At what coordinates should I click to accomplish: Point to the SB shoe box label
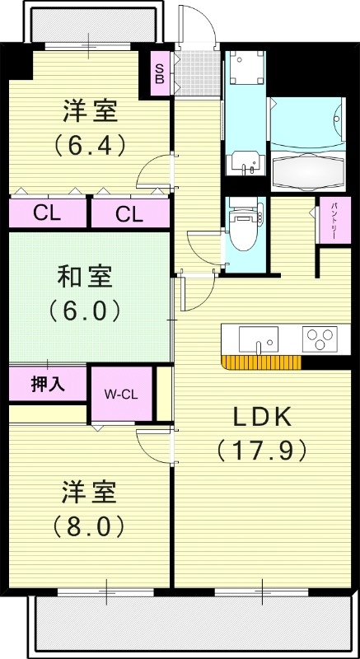click(x=160, y=74)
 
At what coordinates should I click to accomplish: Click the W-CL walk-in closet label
click(x=120, y=394)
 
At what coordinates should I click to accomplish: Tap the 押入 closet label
click(x=47, y=383)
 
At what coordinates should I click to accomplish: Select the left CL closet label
click(x=47, y=214)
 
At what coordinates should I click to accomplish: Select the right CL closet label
click(x=129, y=215)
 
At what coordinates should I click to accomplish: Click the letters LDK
click(x=261, y=415)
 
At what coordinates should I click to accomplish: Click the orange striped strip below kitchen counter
click(x=260, y=362)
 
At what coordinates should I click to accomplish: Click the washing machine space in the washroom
click(x=245, y=66)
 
